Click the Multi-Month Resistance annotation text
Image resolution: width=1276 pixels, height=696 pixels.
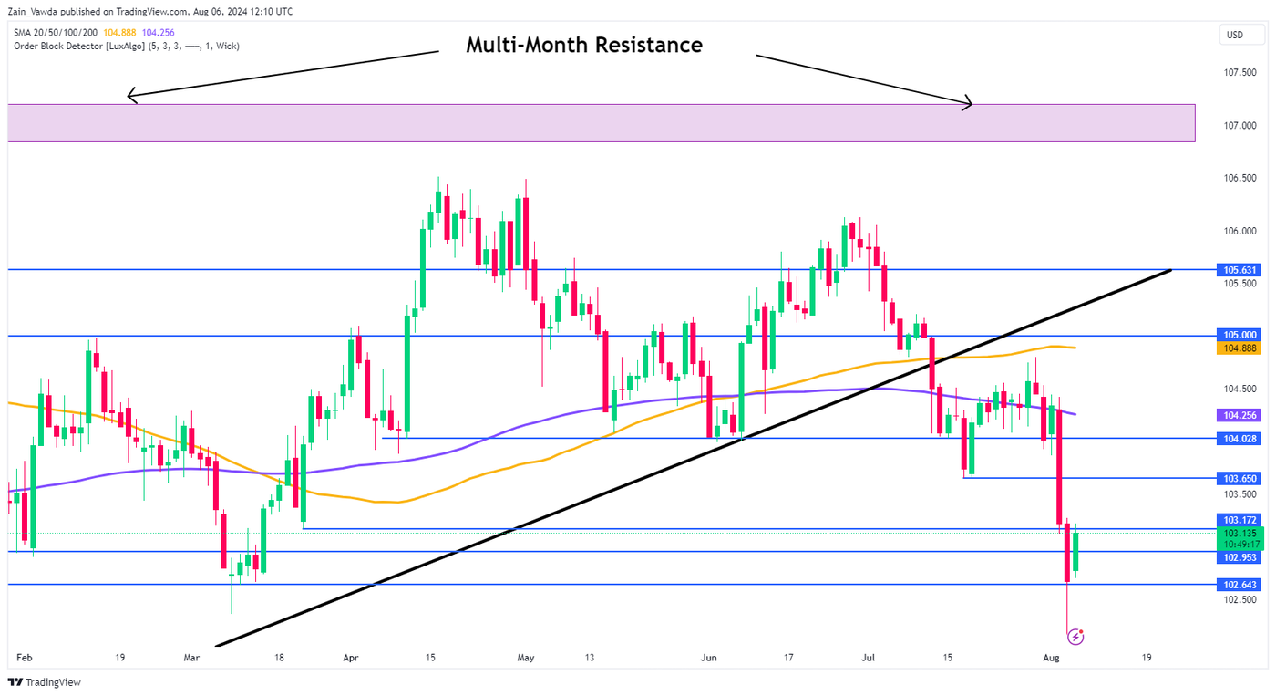tap(584, 45)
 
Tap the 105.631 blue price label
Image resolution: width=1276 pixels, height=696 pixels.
tap(1240, 270)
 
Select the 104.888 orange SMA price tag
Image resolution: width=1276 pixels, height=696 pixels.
tap(1240, 348)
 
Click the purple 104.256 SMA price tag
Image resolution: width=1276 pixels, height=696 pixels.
tap(1240, 414)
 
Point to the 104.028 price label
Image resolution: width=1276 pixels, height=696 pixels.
tap(1240, 439)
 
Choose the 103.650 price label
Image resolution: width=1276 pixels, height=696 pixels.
tap(1240, 478)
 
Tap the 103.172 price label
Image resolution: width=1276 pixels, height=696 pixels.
tap(1240, 520)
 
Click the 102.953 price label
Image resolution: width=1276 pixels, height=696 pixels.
tap(1240, 557)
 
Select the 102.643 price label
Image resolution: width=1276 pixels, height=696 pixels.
tap(1240, 585)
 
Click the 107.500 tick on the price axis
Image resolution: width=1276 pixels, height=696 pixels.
tap(1240, 72)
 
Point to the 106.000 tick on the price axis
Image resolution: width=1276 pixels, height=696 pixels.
tap(1240, 231)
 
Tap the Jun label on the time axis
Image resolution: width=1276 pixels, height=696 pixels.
tap(710, 657)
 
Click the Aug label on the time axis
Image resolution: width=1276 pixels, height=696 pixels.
tap(1051, 657)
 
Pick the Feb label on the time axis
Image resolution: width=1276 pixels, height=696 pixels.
tap(24, 657)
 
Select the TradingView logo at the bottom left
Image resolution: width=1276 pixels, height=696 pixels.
tap(44, 682)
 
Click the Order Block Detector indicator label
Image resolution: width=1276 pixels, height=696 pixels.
tap(127, 46)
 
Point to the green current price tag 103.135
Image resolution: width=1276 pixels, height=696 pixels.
tap(1240, 538)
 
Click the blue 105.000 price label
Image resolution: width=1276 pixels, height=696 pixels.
tap(1240, 336)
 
